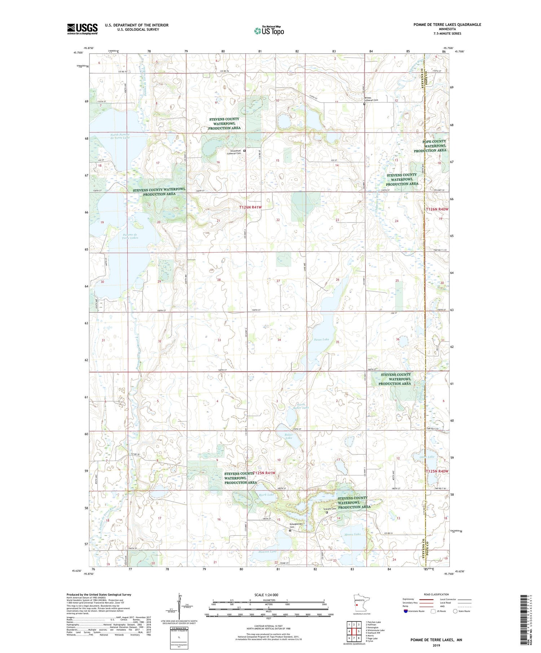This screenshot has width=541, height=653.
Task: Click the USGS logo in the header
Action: (x=82, y=29)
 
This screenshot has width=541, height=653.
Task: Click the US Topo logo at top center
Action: (x=269, y=31)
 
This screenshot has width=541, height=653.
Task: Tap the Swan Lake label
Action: (x=321, y=339)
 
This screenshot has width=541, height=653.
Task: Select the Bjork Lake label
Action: (x=266, y=495)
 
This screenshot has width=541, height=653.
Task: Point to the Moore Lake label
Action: (x=352, y=534)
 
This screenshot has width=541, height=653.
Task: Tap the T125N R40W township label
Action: (x=437, y=471)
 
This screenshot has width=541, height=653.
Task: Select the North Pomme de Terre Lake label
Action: (x=120, y=136)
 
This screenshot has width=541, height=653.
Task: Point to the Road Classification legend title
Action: (x=436, y=594)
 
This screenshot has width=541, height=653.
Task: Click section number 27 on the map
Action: (x=278, y=281)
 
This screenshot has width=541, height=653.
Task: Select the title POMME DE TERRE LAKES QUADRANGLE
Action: (x=447, y=24)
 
